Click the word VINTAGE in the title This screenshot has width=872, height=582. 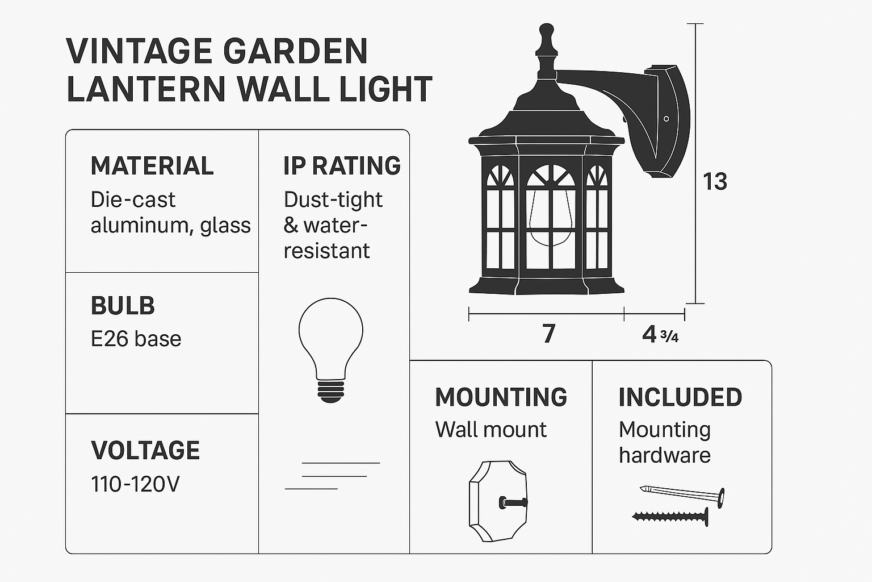tap(139, 51)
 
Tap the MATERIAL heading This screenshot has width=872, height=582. tap(152, 166)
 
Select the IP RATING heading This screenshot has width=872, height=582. tap(342, 165)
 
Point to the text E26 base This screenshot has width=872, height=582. tap(136, 339)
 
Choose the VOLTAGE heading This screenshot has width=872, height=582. tap(145, 450)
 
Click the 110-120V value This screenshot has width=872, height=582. tap(136, 485)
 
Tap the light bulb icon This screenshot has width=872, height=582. tap(331, 350)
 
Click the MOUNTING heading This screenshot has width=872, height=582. tap(501, 397)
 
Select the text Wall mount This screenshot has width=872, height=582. tap(491, 430)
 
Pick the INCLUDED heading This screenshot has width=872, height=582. tap(681, 397)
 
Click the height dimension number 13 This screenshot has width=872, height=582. tap(715, 182)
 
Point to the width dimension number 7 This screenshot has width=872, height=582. tap(549, 334)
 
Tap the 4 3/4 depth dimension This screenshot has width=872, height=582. tap(660, 334)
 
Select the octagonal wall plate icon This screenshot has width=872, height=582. tap(498, 501)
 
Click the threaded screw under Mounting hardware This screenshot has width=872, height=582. tap(670, 517)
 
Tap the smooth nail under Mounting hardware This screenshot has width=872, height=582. tap(682, 496)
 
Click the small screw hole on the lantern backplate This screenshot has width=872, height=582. tap(666, 119)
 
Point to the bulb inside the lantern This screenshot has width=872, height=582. tap(551, 218)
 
